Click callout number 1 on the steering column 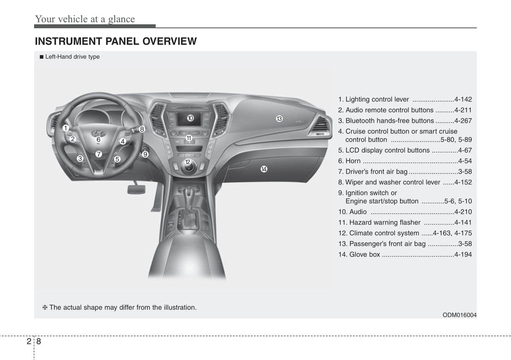pyautogui.click(x=66, y=128)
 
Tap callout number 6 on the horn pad pyautogui.click(x=98, y=140)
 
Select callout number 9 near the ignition pyautogui.click(x=145, y=154)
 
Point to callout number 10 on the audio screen pyautogui.click(x=190, y=118)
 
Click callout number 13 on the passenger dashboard pyautogui.click(x=279, y=119)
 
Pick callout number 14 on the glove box pyautogui.click(x=264, y=169)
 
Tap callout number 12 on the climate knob pyautogui.click(x=188, y=162)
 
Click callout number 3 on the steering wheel pyautogui.click(x=80, y=159)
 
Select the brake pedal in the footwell pyautogui.click(x=136, y=189)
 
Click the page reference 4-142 pyautogui.click(x=463, y=99)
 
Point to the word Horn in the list pyautogui.click(x=353, y=161)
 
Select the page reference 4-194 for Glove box pyautogui.click(x=463, y=254)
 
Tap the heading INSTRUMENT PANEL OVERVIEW pyautogui.click(x=116, y=41)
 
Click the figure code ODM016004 pyautogui.click(x=459, y=315)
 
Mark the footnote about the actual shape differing pyautogui.click(x=119, y=307)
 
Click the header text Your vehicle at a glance pyautogui.click(x=85, y=19)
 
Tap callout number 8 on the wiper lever pyautogui.click(x=142, y=129)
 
